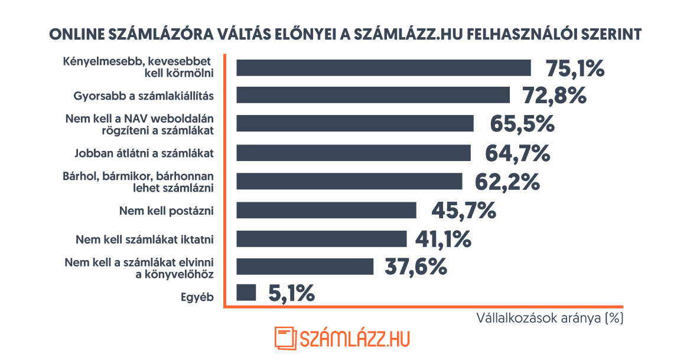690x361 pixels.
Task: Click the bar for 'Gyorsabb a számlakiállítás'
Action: pyautogui.click(x=373, y=95)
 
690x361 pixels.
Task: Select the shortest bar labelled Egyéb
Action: pyautogui.click(x=246, y=293)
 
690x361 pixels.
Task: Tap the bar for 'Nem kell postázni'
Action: pyautogui.click(x=326, y=210)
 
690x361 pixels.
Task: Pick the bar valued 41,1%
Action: pyautogui.click(x=321, y=238)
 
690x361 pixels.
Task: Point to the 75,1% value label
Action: pyautogui.click(x=575, y=68)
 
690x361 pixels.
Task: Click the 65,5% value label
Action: pyautogui.click(x=522, y=124)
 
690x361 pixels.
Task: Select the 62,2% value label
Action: pyautogui.click(x=507, y=181)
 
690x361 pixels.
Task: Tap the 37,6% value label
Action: pyautogui.click(x=415, y=267)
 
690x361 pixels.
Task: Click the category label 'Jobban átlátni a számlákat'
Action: pyautogui.click(x=144, y=153)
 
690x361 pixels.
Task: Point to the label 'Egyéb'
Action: pyautogui.click(x=197, y=297)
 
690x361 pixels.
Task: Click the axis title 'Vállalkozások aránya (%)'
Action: pyautogui.click(x=550, y=319)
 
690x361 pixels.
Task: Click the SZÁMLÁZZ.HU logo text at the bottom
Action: pyautogui.click(x=354, y=339)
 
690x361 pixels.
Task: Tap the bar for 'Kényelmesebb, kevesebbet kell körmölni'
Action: pyautogui.click(x=383, y=67)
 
